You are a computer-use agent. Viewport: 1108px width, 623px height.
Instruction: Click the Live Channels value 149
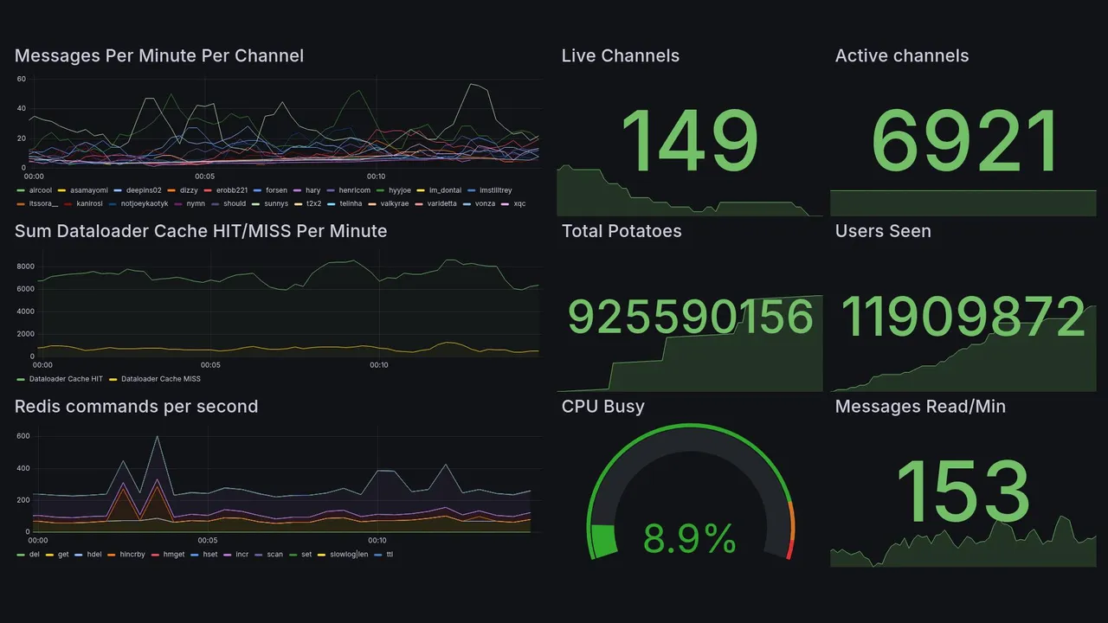[x=689, y=142]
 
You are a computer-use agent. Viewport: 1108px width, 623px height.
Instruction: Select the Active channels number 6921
[x=964, y=142]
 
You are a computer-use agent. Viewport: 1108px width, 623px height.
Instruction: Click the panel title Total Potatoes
[x=622, y=231]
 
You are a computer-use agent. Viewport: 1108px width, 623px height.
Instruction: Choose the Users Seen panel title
[x=883, y=231]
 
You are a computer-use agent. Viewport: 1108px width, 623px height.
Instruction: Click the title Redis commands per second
[x=136, y=407]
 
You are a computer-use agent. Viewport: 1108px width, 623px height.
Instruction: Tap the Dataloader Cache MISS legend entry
[x=160, y=379]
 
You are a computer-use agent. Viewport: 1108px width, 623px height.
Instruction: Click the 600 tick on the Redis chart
[x=23, y=436]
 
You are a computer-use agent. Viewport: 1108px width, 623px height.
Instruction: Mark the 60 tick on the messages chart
[x=21, y=79]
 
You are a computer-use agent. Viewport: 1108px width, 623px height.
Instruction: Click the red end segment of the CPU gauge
[x=789, y=549]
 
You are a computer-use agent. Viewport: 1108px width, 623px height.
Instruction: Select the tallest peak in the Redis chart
[x=157, y=437]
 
